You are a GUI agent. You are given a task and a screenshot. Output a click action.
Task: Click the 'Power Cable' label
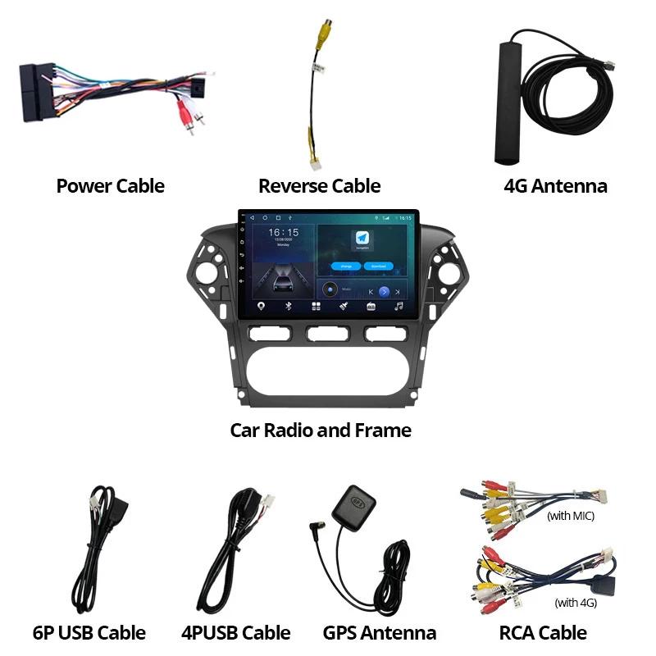pos(110,186)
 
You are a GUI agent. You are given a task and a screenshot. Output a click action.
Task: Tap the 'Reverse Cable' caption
pos(319,186)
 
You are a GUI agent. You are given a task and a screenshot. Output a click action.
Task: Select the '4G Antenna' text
pos(555,186)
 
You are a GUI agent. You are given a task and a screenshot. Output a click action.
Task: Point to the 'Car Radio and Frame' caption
pos(321,430)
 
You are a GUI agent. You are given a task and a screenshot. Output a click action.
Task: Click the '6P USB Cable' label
pos(89,632)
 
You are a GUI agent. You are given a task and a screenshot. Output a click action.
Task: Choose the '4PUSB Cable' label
pos(235,632)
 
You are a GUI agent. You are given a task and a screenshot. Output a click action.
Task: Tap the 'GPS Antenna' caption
pos(379,632)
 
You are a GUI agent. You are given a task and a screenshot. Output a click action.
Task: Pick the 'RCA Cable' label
pos(543,632)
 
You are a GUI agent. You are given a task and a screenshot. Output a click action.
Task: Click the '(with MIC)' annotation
pos(570,516)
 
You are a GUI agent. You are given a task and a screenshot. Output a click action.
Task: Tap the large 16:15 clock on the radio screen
pos(283,233)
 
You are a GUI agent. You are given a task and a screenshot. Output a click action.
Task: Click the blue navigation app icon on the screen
pos(362,238)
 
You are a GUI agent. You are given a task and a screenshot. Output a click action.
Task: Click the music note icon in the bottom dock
pos(399,306)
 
